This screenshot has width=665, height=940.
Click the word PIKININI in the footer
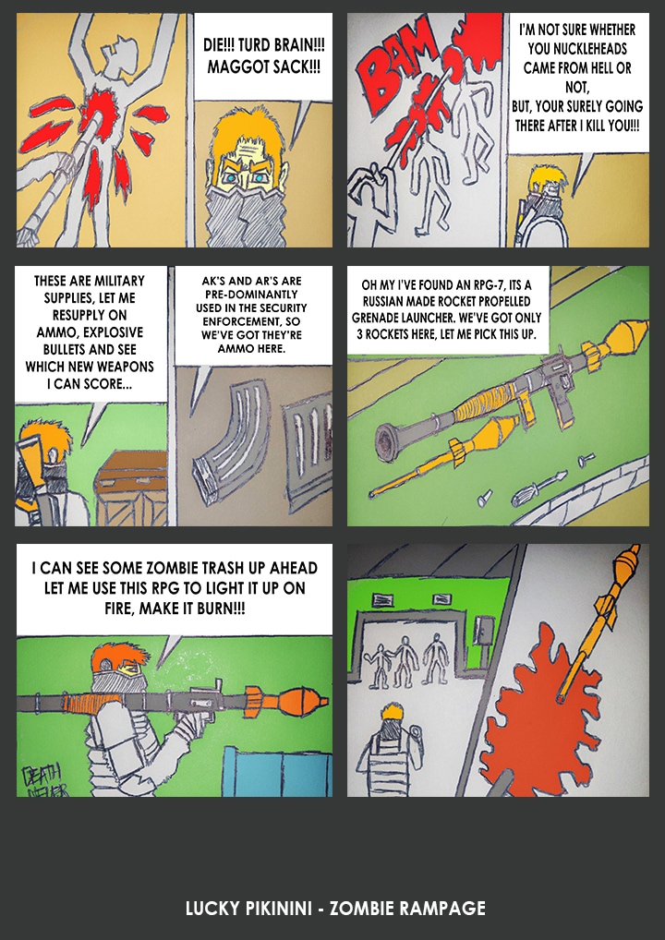[x=278, y=908]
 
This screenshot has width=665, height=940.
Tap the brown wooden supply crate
[x=131, y=488]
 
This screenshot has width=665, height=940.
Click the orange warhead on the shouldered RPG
[x=302, y=700]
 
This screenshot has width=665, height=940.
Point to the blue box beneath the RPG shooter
[x=278, y=771]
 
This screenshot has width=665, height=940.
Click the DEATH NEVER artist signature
[x=44, y=780]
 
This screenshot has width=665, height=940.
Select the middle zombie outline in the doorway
[x=405, y=661]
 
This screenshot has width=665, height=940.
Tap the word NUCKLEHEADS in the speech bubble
[x=577, y=49]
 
